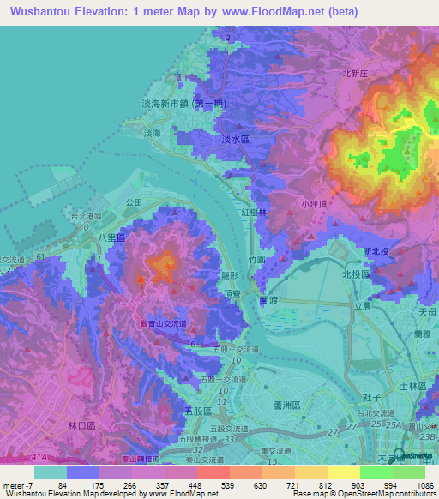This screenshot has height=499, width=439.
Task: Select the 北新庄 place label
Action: coord(354,75)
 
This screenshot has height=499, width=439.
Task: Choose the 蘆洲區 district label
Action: coord(285,406)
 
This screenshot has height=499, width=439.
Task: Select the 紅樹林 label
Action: coord(255,211)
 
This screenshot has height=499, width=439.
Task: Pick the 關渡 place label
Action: coord(269,301)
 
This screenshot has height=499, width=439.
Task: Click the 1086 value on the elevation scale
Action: coord(414,485)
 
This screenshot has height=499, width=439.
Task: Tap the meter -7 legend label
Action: coord(17,485)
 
